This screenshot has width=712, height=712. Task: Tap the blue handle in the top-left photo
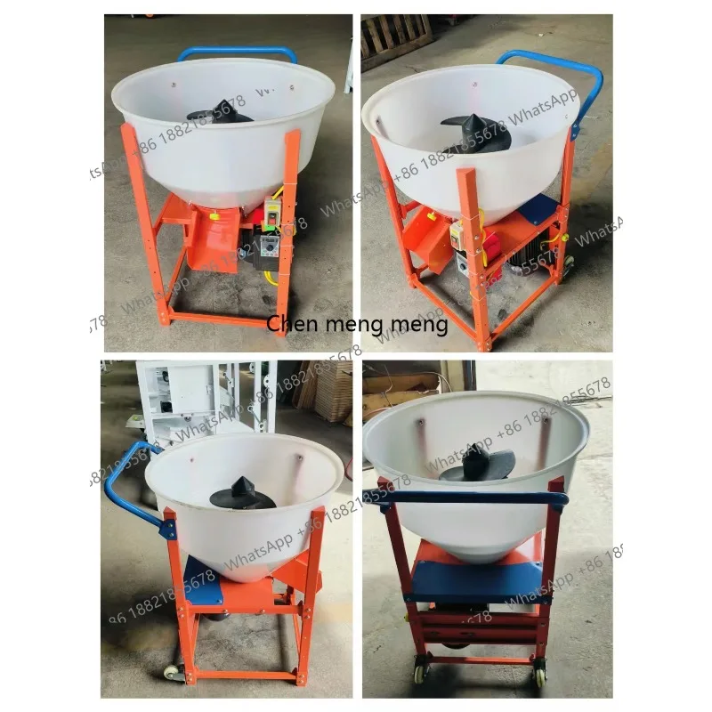236,53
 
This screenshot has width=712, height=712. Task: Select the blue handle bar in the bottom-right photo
472,499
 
